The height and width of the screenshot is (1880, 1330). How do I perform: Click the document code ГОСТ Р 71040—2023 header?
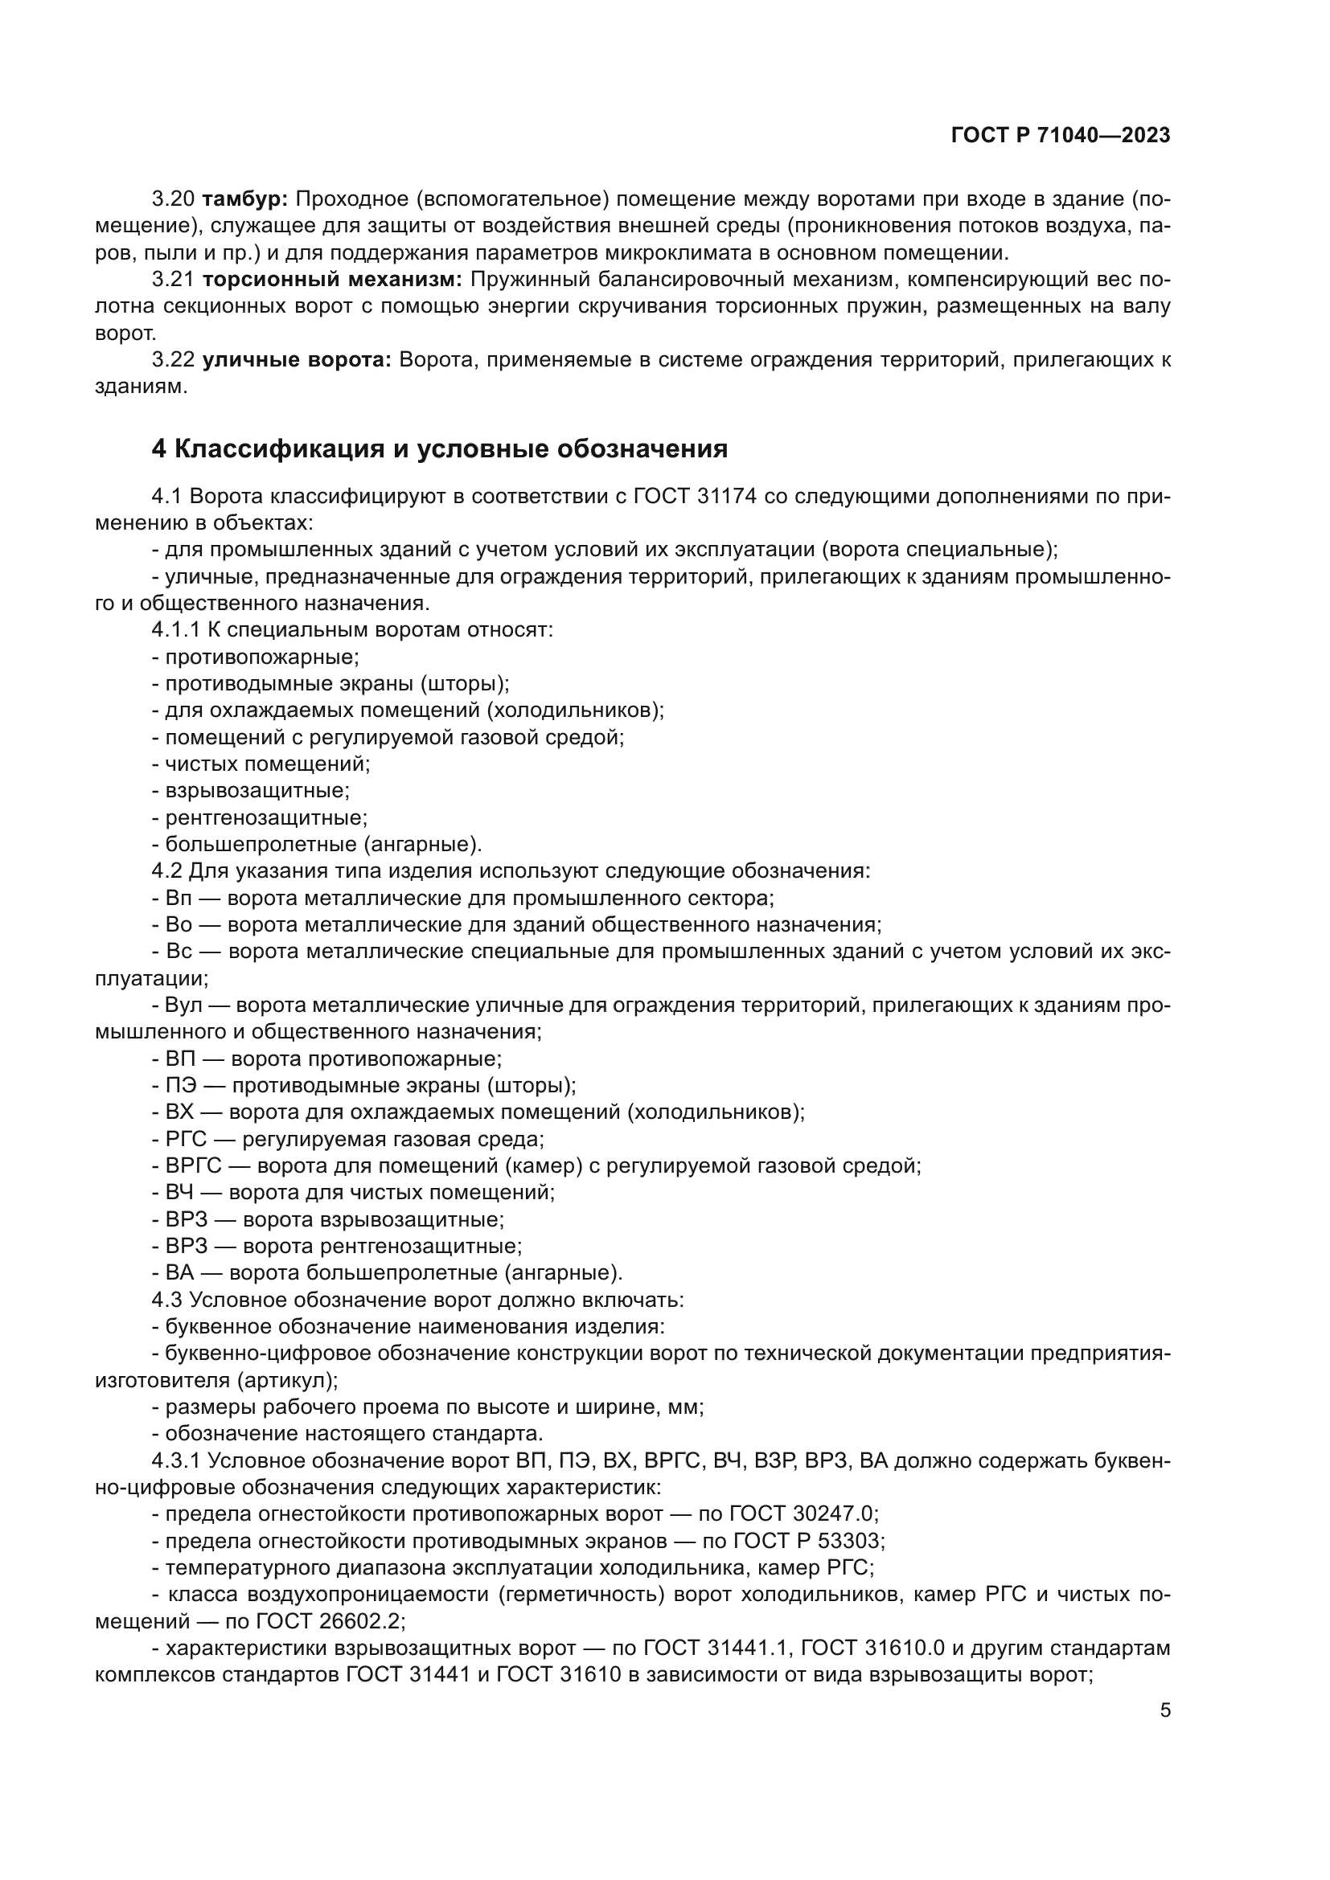pyautogui.click(x=1060, y=136)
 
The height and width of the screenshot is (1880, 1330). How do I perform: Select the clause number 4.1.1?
pyautogui.click(x=176, y=629)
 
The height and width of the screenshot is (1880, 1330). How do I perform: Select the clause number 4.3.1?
pyautogui.click(x=176, y=1460)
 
